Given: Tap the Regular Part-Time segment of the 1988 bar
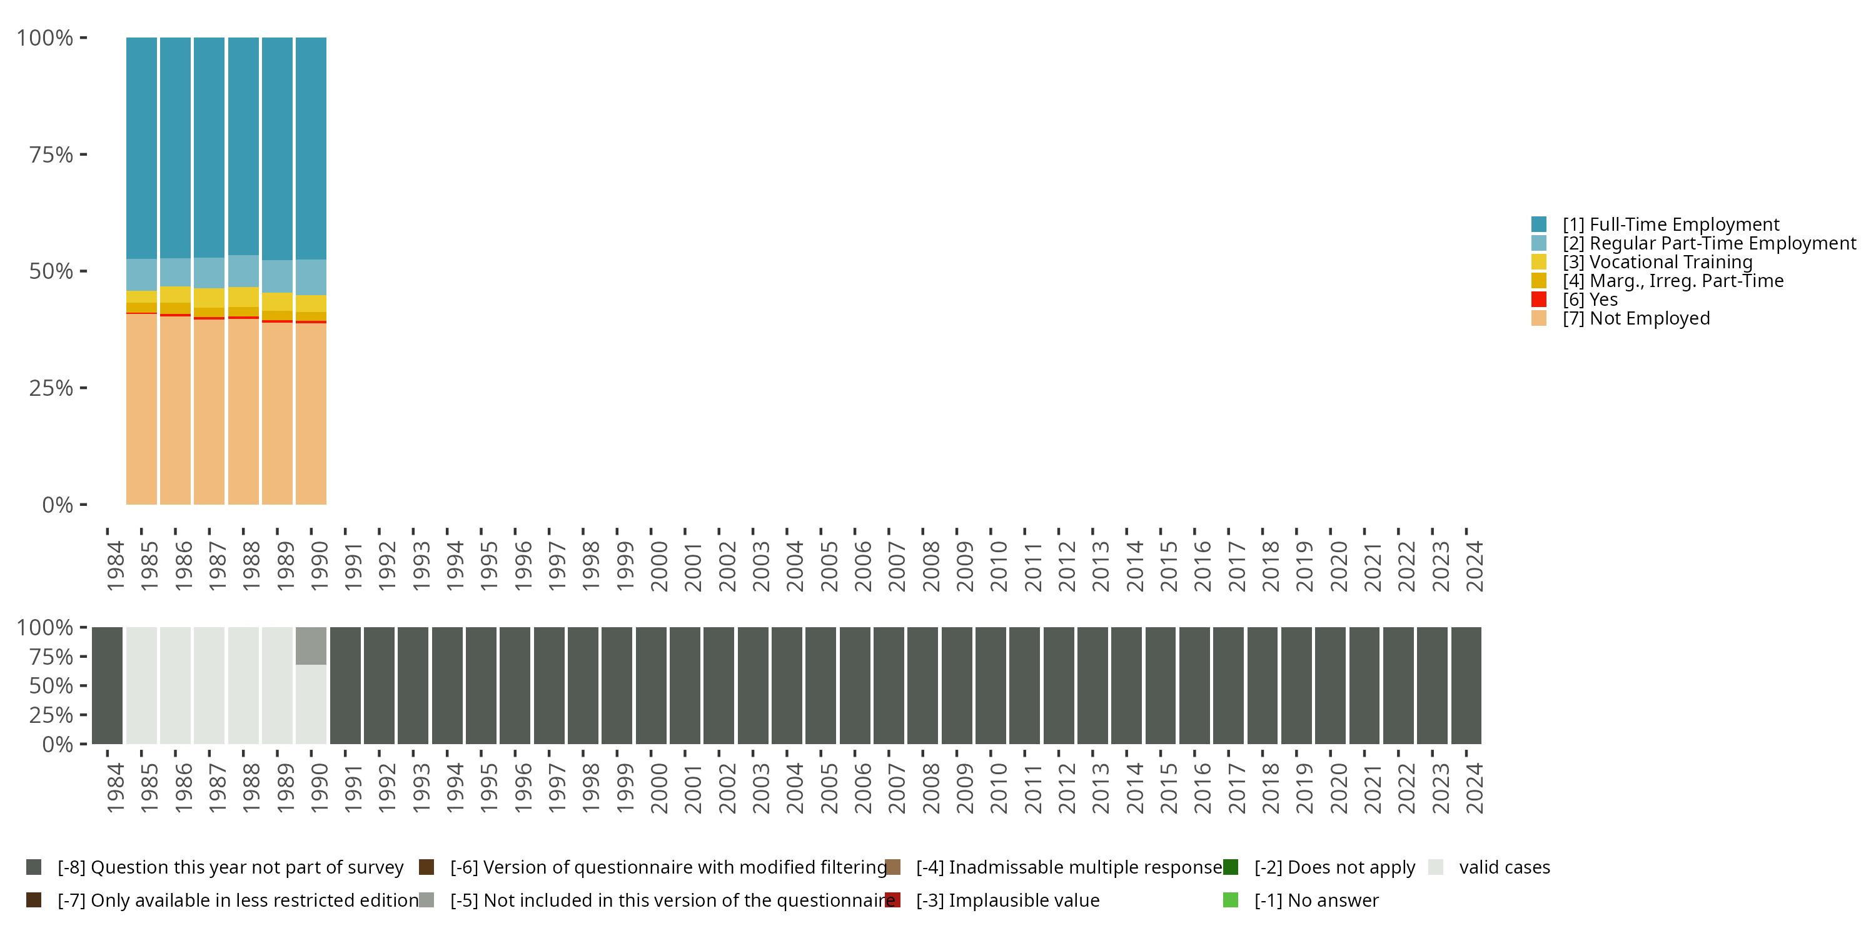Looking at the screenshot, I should pyautogui.click(x=243, y=271).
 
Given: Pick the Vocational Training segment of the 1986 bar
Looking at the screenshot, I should pyautogui.click(x=176, y=294).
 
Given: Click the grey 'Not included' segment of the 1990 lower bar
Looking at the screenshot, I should pyautogui.click(x=311, y=645).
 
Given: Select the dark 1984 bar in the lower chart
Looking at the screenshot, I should pyautogui.click(x=107, y=685).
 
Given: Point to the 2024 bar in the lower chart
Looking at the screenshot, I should pyautogui.click(x=1466, y=685).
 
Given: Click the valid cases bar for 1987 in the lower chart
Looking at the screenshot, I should pyautogui.click(x=209, y=685).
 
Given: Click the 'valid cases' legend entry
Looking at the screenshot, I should pyautogui.click(x=1504, y=867).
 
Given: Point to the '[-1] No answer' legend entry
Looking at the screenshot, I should pyautogui.click(x=1316, y=900).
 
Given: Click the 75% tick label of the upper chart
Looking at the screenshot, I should pyautogui.click(x=51, y=154).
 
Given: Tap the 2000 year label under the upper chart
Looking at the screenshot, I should pyautogui.click(x=659, y=566).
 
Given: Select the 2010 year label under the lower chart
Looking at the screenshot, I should pyautogui.click(x=999, y=788).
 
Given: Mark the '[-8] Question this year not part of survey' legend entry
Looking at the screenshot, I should pyautogui.click(x=230, y=867).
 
